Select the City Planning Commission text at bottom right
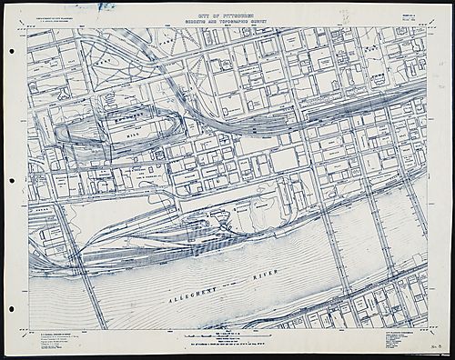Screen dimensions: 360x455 (391, 337)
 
